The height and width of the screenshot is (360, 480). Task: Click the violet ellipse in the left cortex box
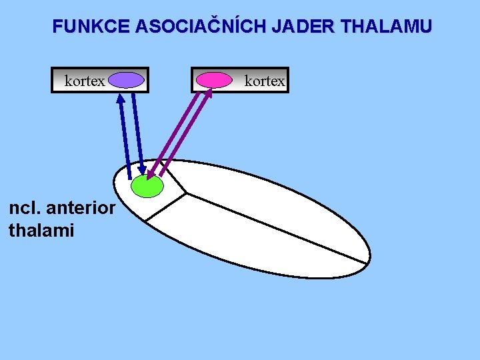point(127,81)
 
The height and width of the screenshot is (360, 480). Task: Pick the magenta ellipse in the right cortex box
point(214,81)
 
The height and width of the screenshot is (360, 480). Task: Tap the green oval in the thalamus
point(147,185)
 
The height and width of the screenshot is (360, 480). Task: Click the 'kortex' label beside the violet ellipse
point(85,81)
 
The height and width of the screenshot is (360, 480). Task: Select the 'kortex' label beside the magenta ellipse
point(265,81)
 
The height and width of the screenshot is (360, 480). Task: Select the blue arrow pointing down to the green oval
point(138,133)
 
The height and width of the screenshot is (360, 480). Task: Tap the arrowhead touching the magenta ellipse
point(209,92)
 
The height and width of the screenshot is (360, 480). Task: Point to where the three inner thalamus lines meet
point(185,194)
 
